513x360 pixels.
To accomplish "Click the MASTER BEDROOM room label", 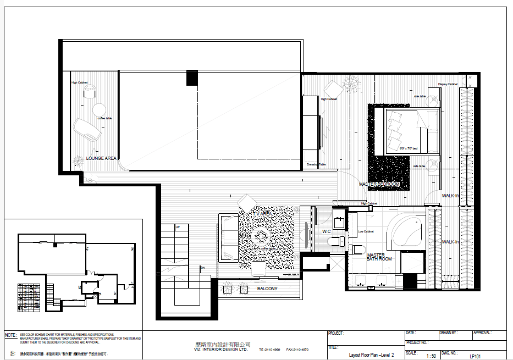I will click(379, 184).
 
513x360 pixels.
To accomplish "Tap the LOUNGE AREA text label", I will click(101, 158).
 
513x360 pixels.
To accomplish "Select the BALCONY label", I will click(267, 289).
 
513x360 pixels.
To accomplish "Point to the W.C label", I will click(326, 232).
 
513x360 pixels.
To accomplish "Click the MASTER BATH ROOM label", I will click(379, 257).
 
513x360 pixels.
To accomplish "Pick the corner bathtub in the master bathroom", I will click(404, 231).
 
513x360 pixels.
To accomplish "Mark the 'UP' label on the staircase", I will click(177, 227).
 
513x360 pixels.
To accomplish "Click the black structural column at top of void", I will click(191, 78).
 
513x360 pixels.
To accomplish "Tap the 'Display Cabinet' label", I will click(448, 84).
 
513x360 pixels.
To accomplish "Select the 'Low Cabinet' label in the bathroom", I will click(365, 231).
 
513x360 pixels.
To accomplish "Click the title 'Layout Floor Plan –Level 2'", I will click(371, 355).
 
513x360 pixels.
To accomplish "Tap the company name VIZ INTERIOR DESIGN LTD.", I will click(218, 350).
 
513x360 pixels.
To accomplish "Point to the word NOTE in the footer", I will click(10, 335).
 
